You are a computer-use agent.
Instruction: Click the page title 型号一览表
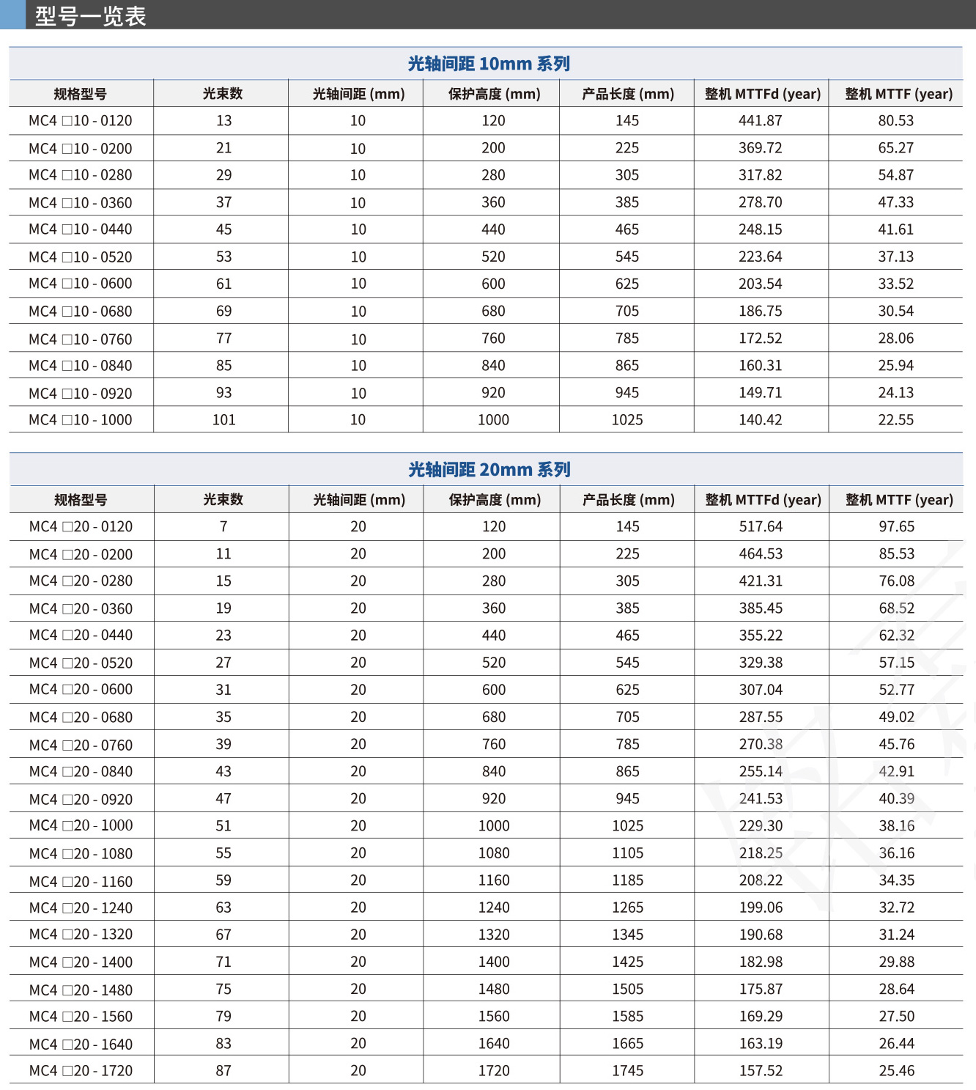(91, 15)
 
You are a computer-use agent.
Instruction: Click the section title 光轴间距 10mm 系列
(489, 64)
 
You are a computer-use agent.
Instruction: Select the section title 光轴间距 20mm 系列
(489, 470)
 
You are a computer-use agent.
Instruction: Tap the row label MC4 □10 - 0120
(81, 121)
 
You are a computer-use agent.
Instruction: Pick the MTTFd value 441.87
(760, 121)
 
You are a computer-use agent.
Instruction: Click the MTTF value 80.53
(895, 121)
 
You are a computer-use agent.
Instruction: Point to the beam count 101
(223, 420)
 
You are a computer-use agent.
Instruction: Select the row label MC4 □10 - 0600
(81, 284)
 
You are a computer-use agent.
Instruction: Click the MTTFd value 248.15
(760, 229)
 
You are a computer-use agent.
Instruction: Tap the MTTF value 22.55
(895, 420)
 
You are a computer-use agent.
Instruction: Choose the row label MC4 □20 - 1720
(81, 1071)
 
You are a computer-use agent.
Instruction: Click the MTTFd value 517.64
(761, 527)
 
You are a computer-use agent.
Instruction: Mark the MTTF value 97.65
(896, 527)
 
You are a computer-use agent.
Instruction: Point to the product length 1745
(627, 1071)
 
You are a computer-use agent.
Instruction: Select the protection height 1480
(494, 990)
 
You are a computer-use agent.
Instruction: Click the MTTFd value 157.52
(761, 1071)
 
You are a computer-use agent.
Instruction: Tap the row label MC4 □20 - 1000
(81, 826)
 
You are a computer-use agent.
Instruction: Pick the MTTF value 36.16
(896, 853)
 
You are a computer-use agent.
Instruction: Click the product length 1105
(627, 853)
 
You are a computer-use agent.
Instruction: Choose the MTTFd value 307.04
(761, 690)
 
